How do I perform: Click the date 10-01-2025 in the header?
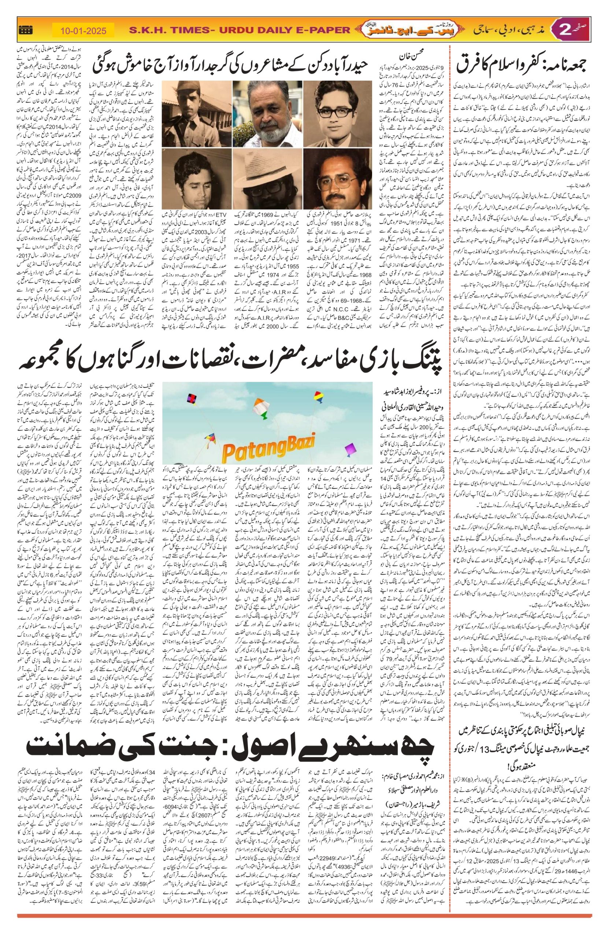coord(83,30)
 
